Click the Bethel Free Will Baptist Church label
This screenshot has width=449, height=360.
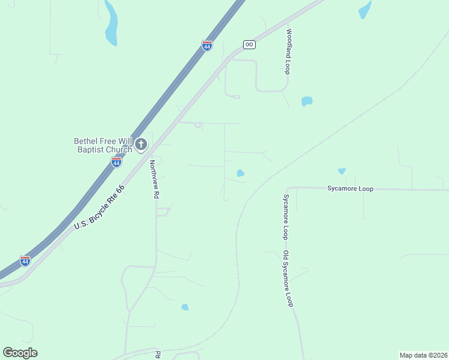coord(103,145)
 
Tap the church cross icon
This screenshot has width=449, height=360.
coord(141,144)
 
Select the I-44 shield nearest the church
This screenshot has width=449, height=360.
coord(116,162)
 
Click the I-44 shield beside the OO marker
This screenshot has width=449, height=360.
coord(206,46)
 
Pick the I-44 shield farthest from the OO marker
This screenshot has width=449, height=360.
coord(25,261)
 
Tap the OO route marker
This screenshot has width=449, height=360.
coord(249,44)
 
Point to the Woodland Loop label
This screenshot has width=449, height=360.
coord(288,51)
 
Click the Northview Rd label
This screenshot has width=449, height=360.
coord(154,179)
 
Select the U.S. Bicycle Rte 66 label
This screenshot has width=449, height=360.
coord(99,207)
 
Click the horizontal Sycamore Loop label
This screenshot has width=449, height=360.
coord(350,188)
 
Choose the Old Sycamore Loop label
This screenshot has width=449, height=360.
coord(288,278)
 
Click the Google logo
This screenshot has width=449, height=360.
coord(20,352)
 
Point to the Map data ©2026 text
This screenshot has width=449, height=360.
coord(423,355)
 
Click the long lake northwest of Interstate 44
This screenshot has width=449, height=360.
coord(111,24)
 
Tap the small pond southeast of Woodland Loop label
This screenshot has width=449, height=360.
coord(307,101)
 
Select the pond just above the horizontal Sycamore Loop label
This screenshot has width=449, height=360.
coord(342,171)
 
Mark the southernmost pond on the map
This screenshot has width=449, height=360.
coord(185,307)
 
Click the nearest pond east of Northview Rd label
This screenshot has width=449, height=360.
coord(240,173)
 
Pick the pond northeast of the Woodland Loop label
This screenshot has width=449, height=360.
coord(364,10)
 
